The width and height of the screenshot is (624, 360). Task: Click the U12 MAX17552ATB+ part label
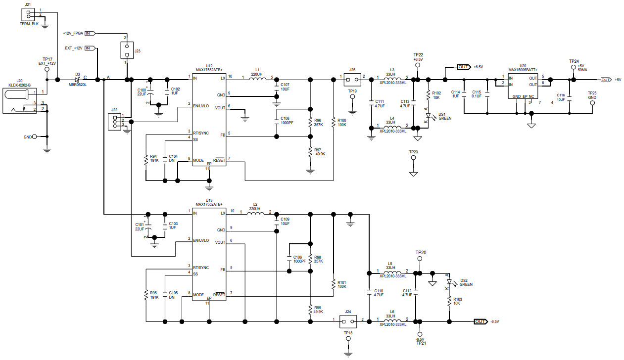click(x=209, y=70)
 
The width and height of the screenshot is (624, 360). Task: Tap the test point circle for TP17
click(x=47, y=70)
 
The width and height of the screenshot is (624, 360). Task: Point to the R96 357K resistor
click(x=310, y=122)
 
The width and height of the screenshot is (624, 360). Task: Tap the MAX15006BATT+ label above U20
click(x=523, y=70)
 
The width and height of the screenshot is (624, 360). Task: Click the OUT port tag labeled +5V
click(x=606, y=80)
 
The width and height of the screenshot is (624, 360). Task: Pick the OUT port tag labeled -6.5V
click(x=480, y=321)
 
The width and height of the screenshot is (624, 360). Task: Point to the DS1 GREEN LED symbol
click(x=428, y=116)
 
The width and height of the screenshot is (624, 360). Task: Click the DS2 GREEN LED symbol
click(x=449, y=282)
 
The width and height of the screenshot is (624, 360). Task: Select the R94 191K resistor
click(x=146, y=159)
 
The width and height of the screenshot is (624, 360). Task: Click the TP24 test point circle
click(x=574, y=67)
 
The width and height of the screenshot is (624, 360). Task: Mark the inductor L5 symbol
click(x=391, y=273)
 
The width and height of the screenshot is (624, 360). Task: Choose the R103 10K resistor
click(x=449, y=302)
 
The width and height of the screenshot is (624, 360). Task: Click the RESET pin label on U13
click(x=219, y=295)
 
